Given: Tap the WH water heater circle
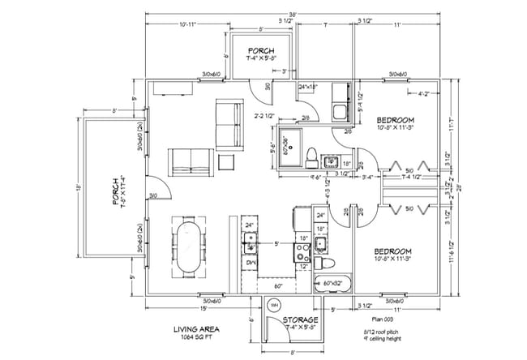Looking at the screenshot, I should point(274,306).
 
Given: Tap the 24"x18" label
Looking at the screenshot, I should point(308,86).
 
